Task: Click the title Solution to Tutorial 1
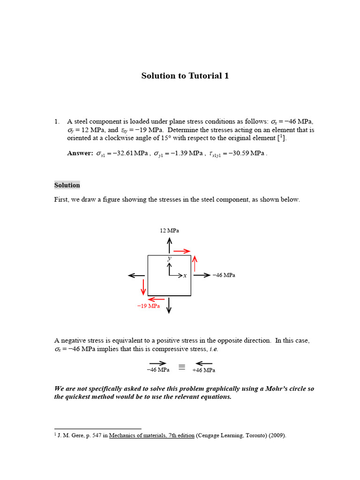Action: (x=185, y=76)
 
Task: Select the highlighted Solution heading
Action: (x=67, y=185)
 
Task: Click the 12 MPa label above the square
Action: (x=169, y=231)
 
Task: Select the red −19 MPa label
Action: (x=148, y=306)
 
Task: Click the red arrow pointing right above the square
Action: (x=181, y=251)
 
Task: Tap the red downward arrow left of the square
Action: (x=143, y=287)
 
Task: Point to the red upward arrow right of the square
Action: (x=195, y=263)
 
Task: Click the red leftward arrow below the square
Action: (x=156, y=299)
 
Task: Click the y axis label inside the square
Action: (x=169, y=258)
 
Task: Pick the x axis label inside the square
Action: (x=185, y=276)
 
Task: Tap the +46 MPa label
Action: (x=204, y=370)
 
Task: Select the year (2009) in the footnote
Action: (x=276, y=435)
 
